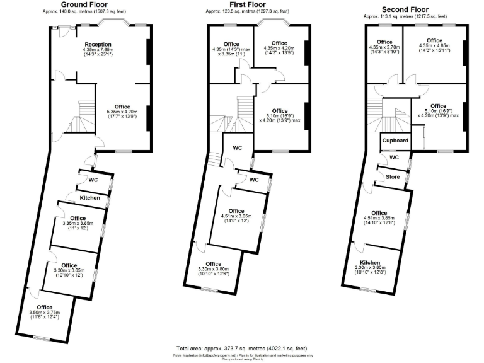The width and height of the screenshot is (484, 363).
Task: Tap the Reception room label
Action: pyautogui.click(x=98, y=45)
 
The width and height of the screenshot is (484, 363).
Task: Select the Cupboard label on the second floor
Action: pyautogui.click(x=396, y=141)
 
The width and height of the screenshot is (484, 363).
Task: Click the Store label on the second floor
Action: pyautogui.click(x=393, y=177)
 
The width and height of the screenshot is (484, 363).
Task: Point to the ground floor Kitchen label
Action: pyautogui.click(x=90, y=198)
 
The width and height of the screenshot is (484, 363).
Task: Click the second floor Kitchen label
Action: pyautogui.click(x=370, y=262)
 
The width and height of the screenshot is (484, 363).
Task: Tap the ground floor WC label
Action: pyautogui.click(x=93, y=180)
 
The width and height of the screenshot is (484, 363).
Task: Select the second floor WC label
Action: pyautogui.click(x=394, y=158)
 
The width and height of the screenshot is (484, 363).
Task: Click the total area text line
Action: pyautogui.click(x=241, y=349)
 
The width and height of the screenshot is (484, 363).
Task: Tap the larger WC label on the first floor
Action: pyautogui.click(x=238, y=148)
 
